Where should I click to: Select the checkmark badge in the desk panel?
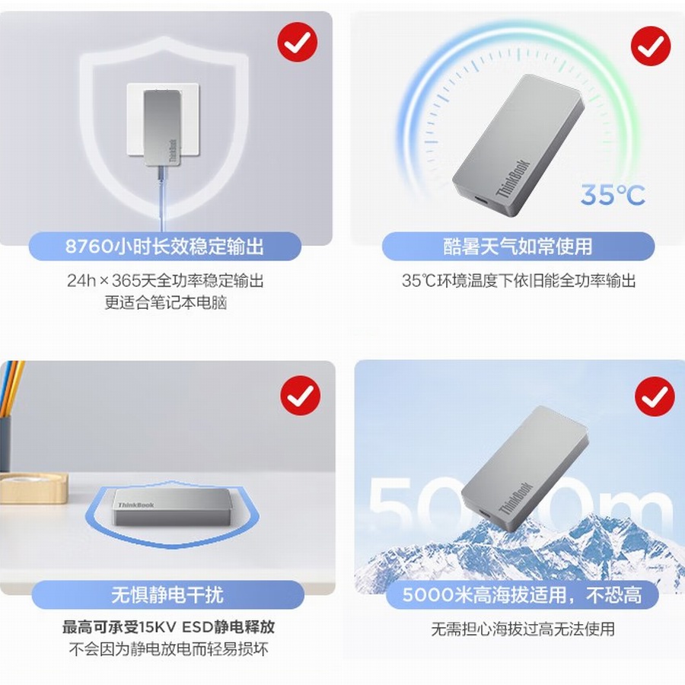click(x=300, y=395)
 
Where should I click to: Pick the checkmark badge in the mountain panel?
click(x=655, y=397)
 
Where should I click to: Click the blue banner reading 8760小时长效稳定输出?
click(x=164, y=247)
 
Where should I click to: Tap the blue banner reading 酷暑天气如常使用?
click(x=518, y=247)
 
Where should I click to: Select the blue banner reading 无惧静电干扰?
click(x=167, y=594)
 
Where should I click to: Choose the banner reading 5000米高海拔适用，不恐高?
click(x=521, y=594)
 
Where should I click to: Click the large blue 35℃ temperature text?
click(x=613, y=196)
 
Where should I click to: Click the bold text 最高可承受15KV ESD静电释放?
click(x=168, y=628)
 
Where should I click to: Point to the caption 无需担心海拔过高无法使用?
click(x=522, y=629)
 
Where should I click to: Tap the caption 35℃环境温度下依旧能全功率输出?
click(x=518, y=281)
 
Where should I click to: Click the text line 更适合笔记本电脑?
click(x=166, y=303)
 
